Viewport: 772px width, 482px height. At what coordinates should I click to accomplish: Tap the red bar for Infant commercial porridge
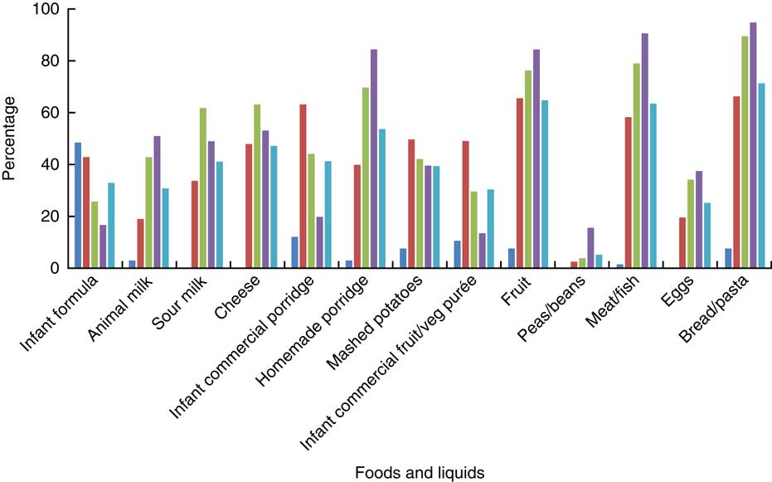pyautogui.click(x=303, y=186)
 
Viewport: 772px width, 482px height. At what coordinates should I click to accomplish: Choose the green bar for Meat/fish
pyautogui.click(x=636, y=166)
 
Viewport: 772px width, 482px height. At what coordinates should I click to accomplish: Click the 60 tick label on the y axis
pyautogui.click(x=37, y=113)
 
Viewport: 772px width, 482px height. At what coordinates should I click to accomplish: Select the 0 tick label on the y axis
pyautogui.click(x=41, y=268)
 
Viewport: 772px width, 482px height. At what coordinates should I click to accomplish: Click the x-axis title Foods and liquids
pyautogui.click(x=419, y=471)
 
